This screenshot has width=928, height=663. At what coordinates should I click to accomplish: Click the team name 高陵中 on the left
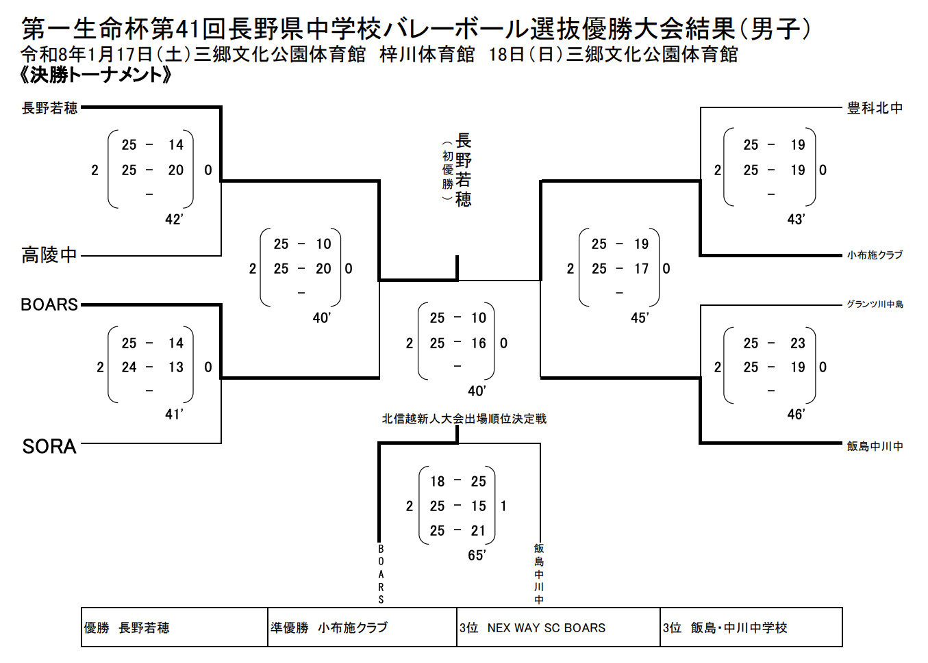pos(49,255)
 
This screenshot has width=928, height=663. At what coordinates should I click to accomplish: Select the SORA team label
pos(49,447)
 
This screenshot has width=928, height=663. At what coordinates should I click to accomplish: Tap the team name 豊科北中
pos(875,108)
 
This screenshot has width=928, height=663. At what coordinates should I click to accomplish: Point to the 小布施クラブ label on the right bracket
pos(875,255)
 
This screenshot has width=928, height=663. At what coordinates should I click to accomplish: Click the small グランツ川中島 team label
pos(875,304)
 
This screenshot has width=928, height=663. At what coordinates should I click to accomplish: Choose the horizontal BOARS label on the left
pos(49,304)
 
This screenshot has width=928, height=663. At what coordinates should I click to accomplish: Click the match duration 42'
pos(174,220)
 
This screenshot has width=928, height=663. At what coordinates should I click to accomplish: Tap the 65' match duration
pos(477,556)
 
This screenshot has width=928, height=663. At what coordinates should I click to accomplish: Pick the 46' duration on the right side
pos(796,415)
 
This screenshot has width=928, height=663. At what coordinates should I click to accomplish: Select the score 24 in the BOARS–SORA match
pos(129,367)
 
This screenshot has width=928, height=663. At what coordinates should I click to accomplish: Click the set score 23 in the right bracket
pos(798,343)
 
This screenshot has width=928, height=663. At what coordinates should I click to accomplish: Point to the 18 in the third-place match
pos(438,482)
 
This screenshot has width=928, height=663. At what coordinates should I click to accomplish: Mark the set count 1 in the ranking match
pos(503,506)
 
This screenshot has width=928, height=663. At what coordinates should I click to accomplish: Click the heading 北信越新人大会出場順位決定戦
pos(464,419)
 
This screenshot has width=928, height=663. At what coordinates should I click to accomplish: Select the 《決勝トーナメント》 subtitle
pos(96,75)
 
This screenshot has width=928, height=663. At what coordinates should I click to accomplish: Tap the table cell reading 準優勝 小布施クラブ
pos(329,627)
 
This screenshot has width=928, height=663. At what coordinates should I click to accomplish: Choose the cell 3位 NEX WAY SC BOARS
pos(533,627)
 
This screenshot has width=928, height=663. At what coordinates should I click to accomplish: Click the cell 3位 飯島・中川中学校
pos(725,627)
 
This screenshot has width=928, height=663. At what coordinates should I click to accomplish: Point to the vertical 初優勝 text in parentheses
pos(447,170)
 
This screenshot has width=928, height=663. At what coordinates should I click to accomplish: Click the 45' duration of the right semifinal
pos(640,318)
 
